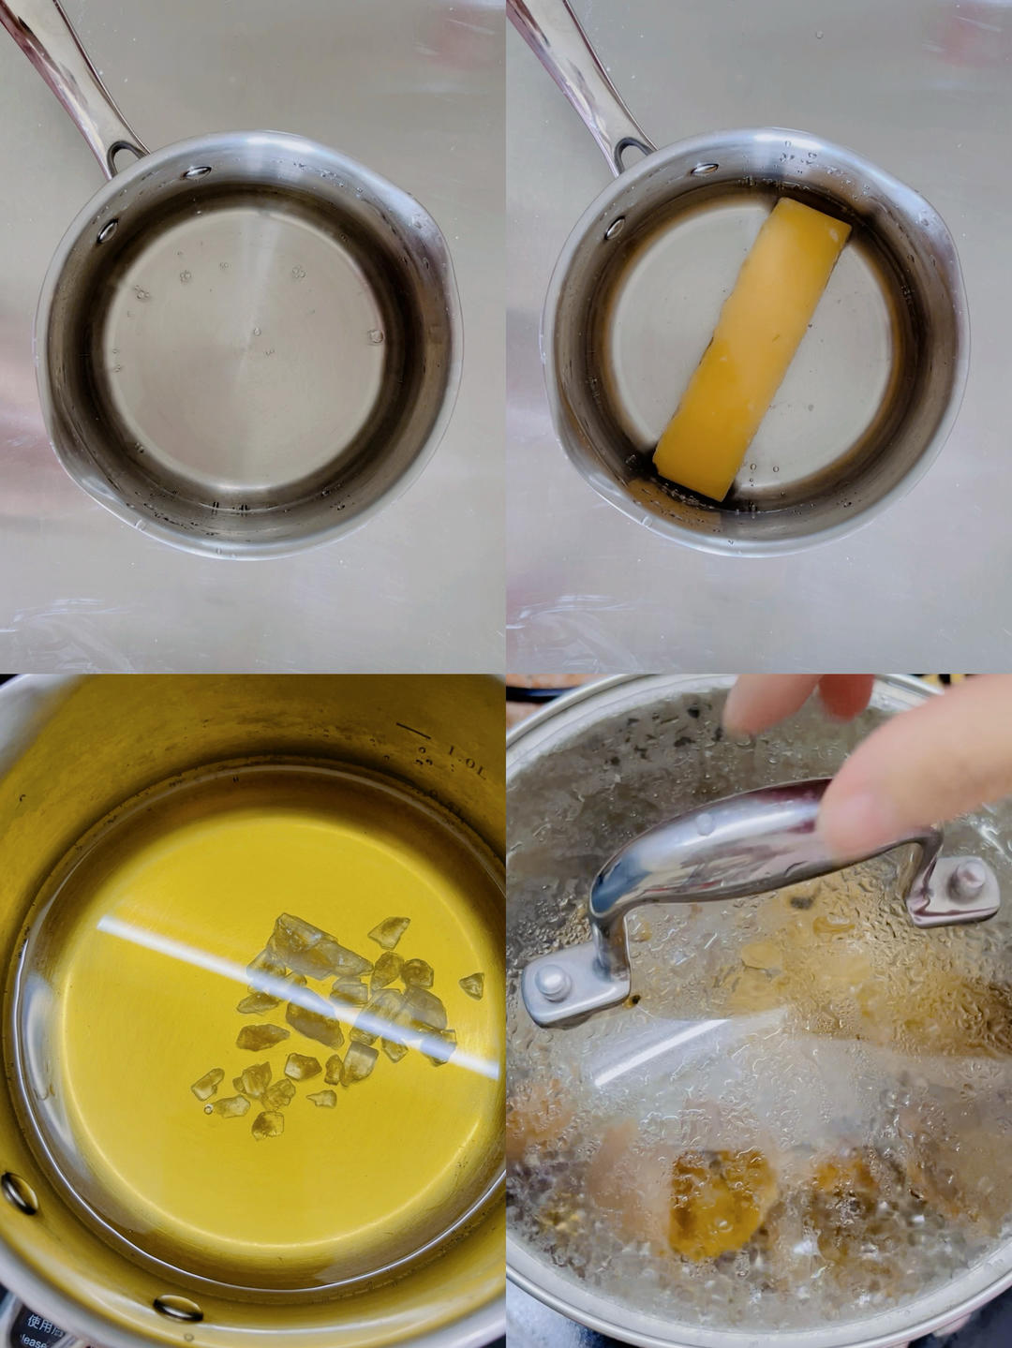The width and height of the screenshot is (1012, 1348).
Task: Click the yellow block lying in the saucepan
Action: [x=752, y=348]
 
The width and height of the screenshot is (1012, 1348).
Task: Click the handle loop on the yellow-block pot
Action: [x=634, y=149]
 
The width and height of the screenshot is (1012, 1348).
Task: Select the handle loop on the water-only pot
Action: [x=126, y=153]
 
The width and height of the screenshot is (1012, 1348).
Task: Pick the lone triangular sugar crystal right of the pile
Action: [x=472, y=985]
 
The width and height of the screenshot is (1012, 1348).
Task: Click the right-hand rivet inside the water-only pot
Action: [x=196, y=172]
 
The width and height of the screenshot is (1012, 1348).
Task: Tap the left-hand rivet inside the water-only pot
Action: [x=108, y=230]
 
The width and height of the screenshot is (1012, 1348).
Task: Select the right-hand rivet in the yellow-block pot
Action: [x=705, y=170]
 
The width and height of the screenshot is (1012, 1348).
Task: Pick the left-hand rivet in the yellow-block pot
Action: [x=615, y=228]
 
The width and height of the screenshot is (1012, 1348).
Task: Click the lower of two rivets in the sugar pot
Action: [x=178, y=1307]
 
